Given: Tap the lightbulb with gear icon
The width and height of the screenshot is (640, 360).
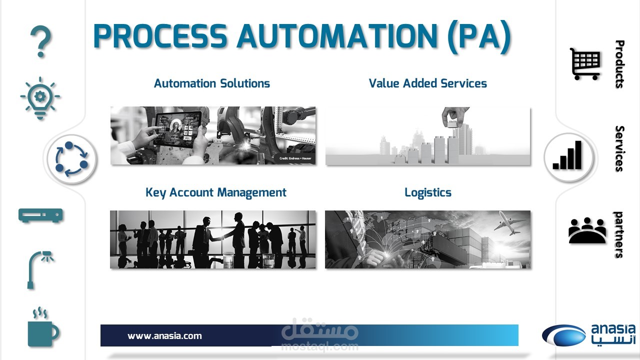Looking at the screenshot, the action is click(40, 98).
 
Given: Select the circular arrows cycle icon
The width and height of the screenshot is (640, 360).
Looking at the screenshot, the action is click(71, 159).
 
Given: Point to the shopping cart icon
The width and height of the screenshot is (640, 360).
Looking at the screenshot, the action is click(585, 64).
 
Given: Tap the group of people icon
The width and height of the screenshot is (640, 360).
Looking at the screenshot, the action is click(587, 231).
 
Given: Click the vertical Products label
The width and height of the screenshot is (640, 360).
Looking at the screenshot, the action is click(619, 64).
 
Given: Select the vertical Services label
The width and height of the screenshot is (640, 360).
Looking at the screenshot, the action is click(619, 148).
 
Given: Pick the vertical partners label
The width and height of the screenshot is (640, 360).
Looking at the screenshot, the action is click(619, 235).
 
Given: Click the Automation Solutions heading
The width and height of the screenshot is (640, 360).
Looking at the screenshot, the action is click(211, 83).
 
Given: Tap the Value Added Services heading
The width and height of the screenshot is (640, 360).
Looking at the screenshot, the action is click(427, 83).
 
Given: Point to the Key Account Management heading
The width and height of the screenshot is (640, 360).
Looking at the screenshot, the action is click(215, 193).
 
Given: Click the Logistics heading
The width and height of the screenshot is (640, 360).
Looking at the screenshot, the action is click(428, 193).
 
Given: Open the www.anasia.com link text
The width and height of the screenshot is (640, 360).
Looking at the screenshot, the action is click(164, 336).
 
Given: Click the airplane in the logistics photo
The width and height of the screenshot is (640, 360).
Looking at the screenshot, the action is click(510, 223).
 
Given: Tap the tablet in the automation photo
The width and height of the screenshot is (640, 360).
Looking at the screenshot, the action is click(177, 129).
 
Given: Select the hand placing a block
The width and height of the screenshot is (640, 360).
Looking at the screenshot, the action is click(454, 117).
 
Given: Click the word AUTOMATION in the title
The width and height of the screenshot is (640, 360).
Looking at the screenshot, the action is click(337, 36).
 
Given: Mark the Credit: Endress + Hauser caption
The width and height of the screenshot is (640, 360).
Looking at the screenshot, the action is click(295, 158).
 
